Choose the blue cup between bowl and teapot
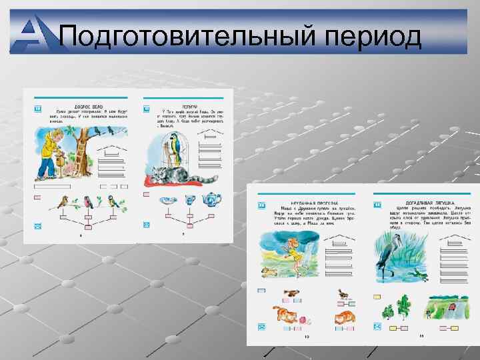(x=189, y=199)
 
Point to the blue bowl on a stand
(x=166, y=199)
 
